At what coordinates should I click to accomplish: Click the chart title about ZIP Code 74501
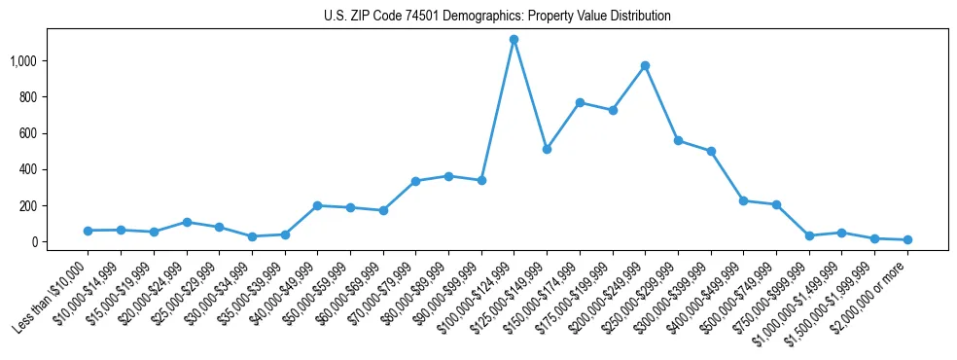(x=497, y=17)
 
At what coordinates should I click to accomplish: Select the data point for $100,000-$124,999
(x=514, y=40)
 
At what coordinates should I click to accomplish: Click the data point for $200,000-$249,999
(x=645, y=66)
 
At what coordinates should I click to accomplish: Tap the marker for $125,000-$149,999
(x=547, y=149)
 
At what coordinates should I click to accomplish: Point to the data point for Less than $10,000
(x=88, y=231)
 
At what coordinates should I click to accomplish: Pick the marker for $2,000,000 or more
(x=907, y=239)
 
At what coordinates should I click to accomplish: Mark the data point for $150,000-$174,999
(x=580, y=102)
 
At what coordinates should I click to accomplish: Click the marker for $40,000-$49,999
(x=317, y=205)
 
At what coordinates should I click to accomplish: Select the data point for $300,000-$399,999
(x=711, y=151)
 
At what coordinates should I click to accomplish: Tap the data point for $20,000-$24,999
(x=186, y=222)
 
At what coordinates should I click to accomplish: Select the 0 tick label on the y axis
(x=40, y=242)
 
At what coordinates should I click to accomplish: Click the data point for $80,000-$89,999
(x=448, y=176)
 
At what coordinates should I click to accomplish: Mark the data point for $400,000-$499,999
(x=743, y=200)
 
